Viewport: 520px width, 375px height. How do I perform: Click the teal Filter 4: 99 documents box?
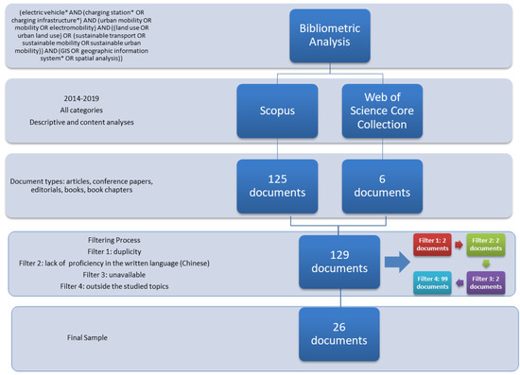tap(431, 281)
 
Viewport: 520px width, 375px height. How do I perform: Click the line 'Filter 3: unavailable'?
tap(110, 273)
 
